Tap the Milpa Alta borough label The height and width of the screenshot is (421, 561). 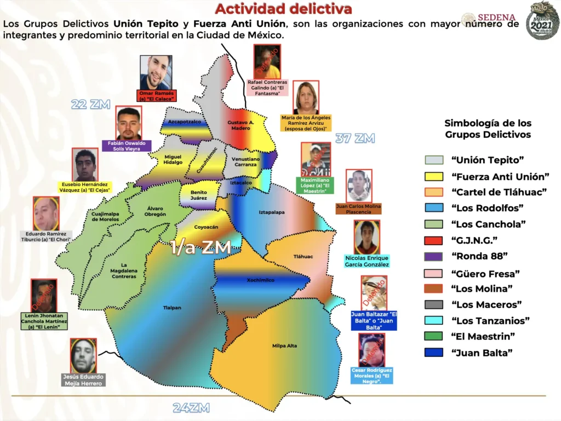coord(284,345)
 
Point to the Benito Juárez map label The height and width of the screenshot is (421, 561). coord(199,195)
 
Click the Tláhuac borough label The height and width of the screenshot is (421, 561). coord(303,256)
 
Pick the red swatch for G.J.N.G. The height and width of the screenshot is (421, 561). coord(433,240)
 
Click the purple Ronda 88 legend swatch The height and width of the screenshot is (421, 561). coord(433,256)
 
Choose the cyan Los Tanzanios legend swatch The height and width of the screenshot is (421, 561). coord(433,320)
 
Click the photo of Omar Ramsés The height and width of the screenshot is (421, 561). coord(156,72)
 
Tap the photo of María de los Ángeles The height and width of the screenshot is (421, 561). coord(306,97)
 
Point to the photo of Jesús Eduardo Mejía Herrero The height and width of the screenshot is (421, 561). coord(83,356)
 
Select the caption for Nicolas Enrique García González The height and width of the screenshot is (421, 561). coord(367,261)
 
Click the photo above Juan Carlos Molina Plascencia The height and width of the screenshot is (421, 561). coord(359,186)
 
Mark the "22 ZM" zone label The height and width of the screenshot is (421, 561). coord(91,104)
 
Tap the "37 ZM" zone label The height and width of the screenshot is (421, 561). coord(355,139)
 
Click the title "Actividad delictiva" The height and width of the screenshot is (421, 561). coord(283,9)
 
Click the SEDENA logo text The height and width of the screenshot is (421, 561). coord(496,18)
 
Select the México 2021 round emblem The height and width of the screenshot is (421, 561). coord(542,21)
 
